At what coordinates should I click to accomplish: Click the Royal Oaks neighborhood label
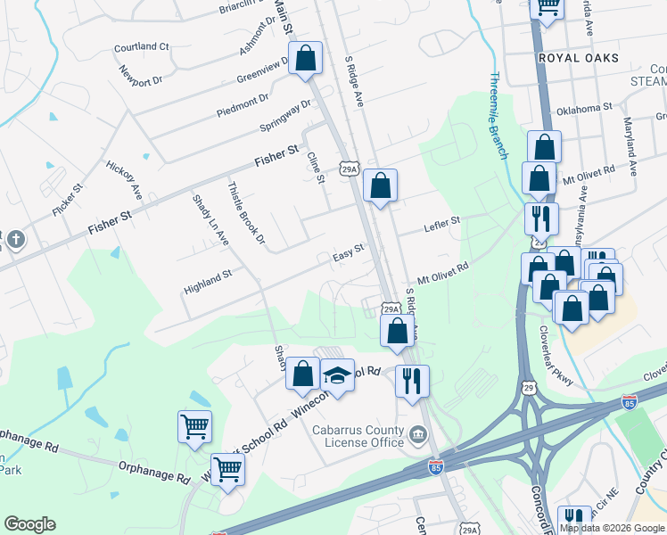click(579, 58)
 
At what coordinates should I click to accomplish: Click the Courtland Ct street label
click(142, 46)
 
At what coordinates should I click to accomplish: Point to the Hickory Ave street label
click(124, 178)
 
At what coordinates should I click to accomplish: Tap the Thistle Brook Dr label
click(247, 213)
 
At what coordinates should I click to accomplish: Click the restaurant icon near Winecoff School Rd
click(412, 381)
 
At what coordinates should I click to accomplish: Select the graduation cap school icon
click(338, 376)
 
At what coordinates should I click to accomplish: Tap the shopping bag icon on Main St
click(306, 59)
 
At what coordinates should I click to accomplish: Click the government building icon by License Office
click(416, 435)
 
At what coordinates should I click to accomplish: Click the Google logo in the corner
click(29, 524)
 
